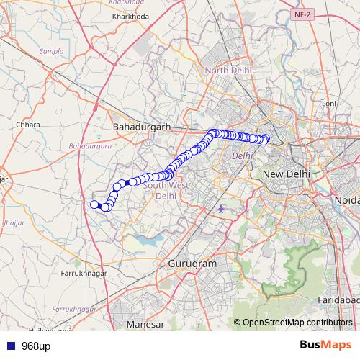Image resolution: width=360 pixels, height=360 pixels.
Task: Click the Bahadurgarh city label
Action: pos(140,127)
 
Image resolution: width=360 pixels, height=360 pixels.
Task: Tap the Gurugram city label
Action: pos(192,264)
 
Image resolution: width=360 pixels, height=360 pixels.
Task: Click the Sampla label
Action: pos(52,52)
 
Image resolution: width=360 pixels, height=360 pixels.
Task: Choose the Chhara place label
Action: pos(28,125)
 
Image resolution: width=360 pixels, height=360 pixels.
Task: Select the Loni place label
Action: pos(329,104)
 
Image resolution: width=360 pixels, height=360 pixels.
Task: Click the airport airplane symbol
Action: pos(221,209)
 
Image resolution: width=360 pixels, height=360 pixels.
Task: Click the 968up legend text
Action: pos(36,346)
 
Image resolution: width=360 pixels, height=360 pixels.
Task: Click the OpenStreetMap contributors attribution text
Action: pos(297,323)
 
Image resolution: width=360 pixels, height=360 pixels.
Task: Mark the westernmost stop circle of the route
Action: pos(94,205)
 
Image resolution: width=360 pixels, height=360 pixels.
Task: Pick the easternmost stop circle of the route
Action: pos(266,138)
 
